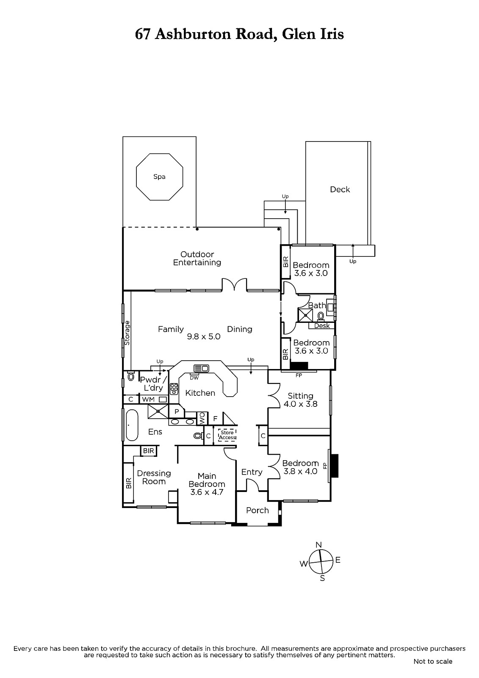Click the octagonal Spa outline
click(x=136, y=177)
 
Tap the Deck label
click(x=340, y=189)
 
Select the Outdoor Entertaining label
click(x=197, y=258)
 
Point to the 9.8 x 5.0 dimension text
click(x=204, y=336)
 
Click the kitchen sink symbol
click(x=201, y=368)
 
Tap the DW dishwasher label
click(x=194, y=378)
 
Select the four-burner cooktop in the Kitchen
click(x=174, y=389)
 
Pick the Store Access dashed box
click(x=227, y=435)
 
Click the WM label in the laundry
click(x=148, y=400)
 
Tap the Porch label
click(x=257, y=510)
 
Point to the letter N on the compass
click(x=318, y=545)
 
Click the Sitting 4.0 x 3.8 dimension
click(x=300, y=404)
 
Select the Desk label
click(x=321, y=326)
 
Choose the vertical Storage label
click(x=127, y=333)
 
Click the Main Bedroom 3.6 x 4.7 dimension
click(x=207, y=492)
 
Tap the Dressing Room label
click(x=154, y=477)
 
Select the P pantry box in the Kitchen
click(x=177, y=411)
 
